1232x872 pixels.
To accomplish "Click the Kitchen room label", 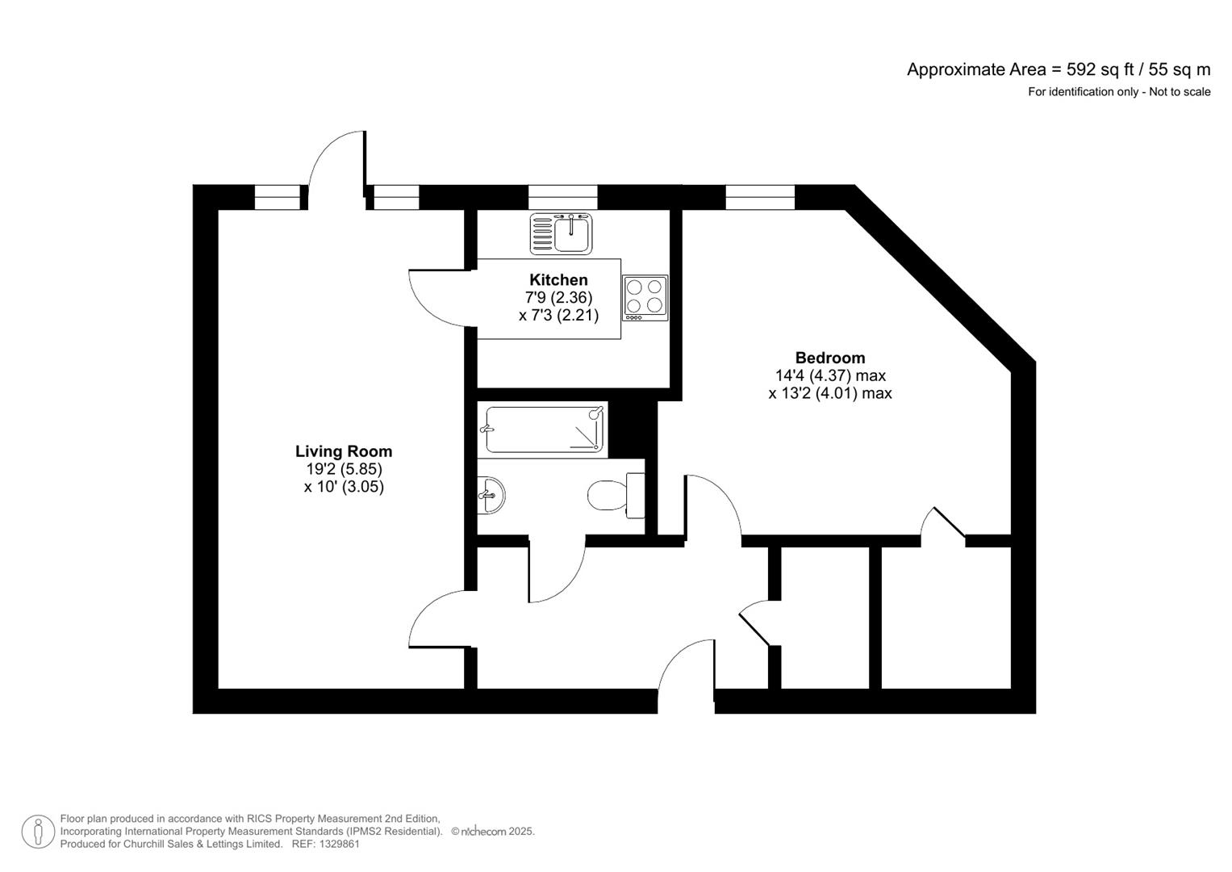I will pyautogui.click(x=558, y=280).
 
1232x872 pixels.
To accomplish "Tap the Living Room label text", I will pyautogui.click(x=344, y=451).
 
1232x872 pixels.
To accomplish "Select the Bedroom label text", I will pyautogui.click(x=829, y=358).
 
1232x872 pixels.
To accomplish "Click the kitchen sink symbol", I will pyautogui.click(x=562, y=233).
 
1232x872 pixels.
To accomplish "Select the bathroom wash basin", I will pyautogui.click(x=491, y=494).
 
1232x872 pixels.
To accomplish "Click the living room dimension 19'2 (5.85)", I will pyautogui.click(x=344, y=469).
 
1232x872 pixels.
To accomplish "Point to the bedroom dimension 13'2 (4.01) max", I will pyautogui.click(x=829, y=393).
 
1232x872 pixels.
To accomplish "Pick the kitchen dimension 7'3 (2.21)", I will pyautogui.click(x=558, y=316).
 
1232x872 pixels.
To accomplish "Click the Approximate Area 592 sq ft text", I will pyautogui.click(x=1059, y=69).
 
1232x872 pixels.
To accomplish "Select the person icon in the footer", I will pyautogui.click(x=38, y=832).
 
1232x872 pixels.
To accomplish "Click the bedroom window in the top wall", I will pyautogui.click(x=760, y=197).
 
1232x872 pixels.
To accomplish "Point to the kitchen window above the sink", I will pyautogui.click(x=562, y=197).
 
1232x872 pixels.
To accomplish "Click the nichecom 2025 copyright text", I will pyautogui.click(x=493, y=832).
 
